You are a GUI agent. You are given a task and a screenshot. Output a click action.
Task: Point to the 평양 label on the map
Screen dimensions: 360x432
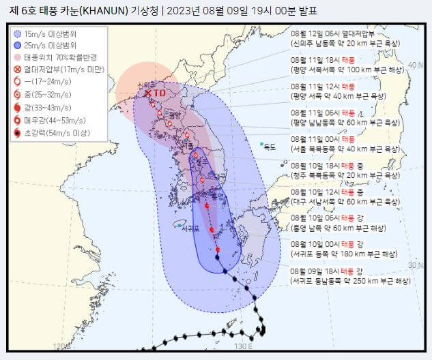coord(174,115)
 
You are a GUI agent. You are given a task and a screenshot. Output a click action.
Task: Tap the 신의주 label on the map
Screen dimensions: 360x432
coord(145,85)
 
